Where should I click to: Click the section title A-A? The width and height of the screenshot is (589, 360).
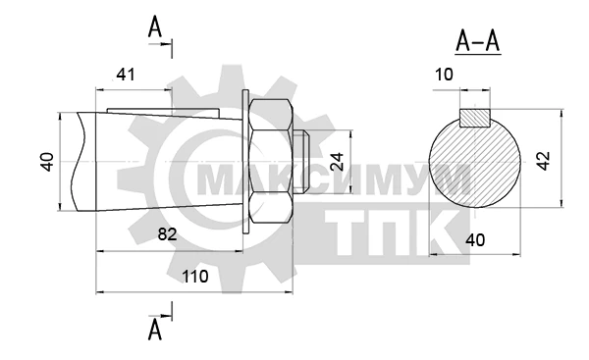[x=478, y=41]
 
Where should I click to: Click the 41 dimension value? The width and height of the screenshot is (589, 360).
[x=125, y=75]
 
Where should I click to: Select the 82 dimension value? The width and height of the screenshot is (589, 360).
[x=167, y=234]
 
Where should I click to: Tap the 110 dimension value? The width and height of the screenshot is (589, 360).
[x=195, y=277]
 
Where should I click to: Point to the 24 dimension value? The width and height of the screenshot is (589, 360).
[x=337, y=162]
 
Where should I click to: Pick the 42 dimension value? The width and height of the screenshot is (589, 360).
[x=543, y=161]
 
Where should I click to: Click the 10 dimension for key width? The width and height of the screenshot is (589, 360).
[x=444, y=75]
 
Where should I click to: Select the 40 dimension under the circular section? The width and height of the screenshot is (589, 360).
[x=475, y=240]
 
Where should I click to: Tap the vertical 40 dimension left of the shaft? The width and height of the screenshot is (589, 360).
[x=47, y=162]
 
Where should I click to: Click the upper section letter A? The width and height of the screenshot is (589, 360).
[x=155, y=27]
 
